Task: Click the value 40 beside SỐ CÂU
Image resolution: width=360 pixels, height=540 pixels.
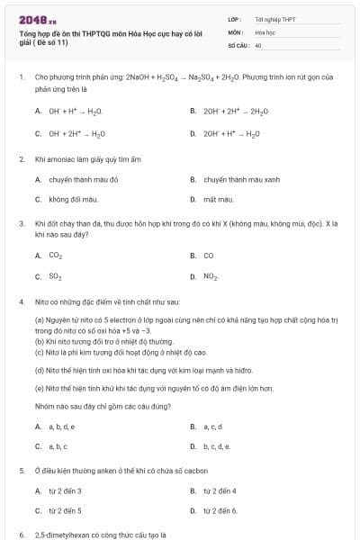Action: pyautogui.click(x=258, y=44)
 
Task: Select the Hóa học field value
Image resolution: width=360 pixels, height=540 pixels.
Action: pyautogui.click(x=265, y=31)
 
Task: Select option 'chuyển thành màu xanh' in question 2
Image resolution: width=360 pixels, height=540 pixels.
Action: pyautogui.click(x=238, y=179)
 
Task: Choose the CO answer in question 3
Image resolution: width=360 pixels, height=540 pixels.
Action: pyautogui.click(x=209, y=256)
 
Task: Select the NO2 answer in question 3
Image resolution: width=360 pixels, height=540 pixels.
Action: pyautogui.click(x=211, y=276)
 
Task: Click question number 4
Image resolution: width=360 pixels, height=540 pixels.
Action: pyautogui.click(x=21, y=301)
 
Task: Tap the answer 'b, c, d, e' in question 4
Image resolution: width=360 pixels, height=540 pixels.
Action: pyautogui.click(x=217, y=445)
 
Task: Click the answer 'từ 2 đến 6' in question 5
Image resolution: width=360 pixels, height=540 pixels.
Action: pyautogui.click(x=220, y=510)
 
